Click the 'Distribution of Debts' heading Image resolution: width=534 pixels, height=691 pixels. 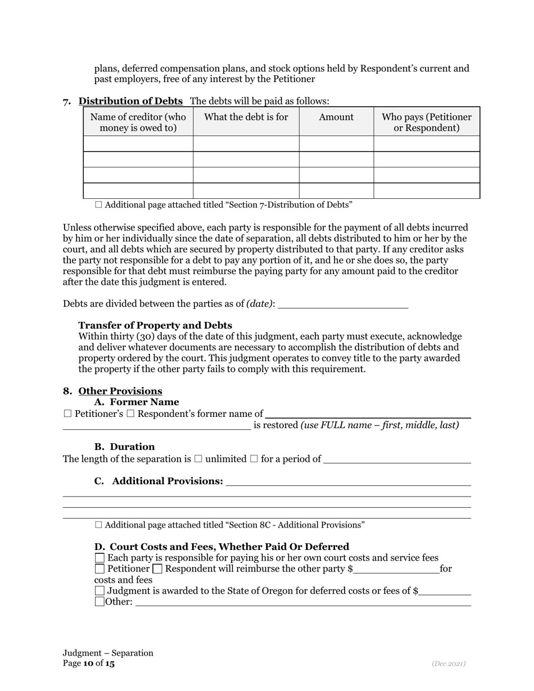[x=130, y=101]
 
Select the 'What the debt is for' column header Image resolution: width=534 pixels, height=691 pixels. [x=246, y=117]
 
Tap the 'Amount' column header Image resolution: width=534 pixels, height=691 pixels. [x=336, y=117]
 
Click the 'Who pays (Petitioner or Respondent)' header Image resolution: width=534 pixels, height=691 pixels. [x=427, y=122]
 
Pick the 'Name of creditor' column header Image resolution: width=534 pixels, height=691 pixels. [x=138, y=122]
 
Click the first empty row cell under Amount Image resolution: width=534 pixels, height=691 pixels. [x=336, y=144]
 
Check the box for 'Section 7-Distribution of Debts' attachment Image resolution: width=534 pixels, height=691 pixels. [x=99, y=205]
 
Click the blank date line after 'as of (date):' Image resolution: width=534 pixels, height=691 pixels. [x=343, y=303]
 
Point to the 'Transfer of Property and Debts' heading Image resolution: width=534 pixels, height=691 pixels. [x=155, y=325]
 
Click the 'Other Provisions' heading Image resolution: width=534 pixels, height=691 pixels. [x=120, y=391]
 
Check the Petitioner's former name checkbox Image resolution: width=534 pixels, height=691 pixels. [x=68, y=414]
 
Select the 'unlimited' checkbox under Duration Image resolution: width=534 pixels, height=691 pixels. [x=198, y=459]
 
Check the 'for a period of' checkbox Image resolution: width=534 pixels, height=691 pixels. [x=254, y=459]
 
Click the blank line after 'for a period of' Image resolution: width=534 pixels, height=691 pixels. [x=397, y=459]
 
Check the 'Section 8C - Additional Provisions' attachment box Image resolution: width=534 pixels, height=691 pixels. [x=99, y=525]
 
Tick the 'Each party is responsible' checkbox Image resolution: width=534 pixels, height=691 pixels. [x=100, y=558]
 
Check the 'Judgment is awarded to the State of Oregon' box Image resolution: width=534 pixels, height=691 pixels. [x=100, y=590]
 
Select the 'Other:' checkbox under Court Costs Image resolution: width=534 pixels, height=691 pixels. [x=100, y=602]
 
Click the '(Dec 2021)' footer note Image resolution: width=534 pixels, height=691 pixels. [x=449, y=663]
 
